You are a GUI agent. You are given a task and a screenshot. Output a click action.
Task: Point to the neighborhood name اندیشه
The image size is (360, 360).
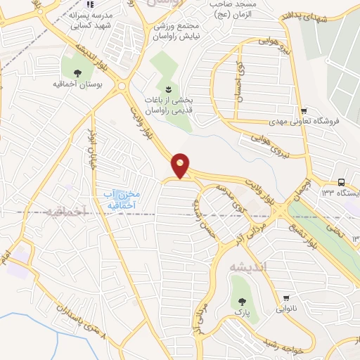point(247,267)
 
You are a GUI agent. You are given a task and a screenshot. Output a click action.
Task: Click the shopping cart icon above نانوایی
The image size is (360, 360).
point(287,298)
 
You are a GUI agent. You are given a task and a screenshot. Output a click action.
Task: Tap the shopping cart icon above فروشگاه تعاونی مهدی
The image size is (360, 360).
point(303,111)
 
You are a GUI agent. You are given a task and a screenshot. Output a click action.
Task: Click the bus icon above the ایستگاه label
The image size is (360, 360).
point(341,182)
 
